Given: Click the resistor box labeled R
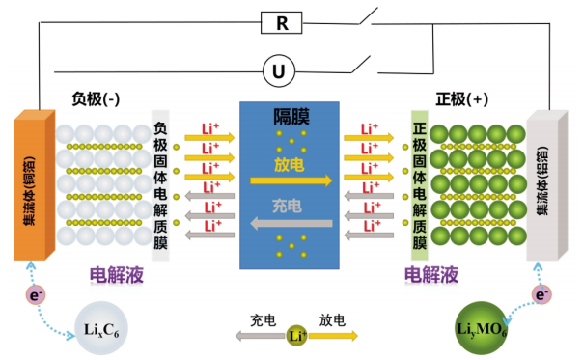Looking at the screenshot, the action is (281, 23).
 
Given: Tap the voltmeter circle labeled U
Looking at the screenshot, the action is (279, 70).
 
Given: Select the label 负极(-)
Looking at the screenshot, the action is (96, 98).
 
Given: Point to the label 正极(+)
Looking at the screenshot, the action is (461, 98).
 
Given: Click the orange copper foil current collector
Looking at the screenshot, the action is (34, 185).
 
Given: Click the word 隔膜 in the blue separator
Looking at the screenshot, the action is (291, 117).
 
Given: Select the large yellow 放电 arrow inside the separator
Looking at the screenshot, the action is (291, 180).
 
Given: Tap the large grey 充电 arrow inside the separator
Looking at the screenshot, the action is (291, 224).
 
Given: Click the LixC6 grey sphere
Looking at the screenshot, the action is (101, 328).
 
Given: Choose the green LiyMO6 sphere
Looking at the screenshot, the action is (481, 328).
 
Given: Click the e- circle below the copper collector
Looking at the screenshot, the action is (36, 295).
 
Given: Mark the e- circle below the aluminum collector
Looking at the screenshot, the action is (541, 294).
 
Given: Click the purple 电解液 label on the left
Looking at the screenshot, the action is (117, 275).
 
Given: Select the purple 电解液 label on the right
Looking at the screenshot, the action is (431, 275).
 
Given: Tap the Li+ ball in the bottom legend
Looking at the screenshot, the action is (296, 336).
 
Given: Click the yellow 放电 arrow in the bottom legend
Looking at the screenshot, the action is (333, 336).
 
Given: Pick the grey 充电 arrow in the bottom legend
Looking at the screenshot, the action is (261, 336).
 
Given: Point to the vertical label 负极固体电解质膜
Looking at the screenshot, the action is (160, 185).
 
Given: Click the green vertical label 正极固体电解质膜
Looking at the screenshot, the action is (420, 185).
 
